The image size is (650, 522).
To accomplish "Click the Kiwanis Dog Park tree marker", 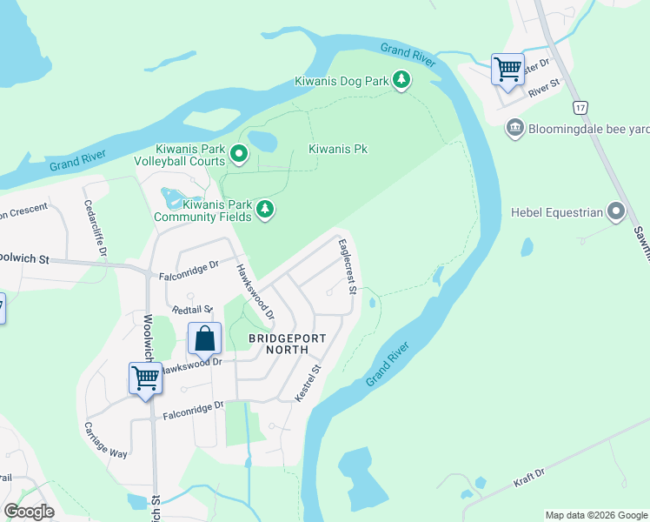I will [x=401, y=81].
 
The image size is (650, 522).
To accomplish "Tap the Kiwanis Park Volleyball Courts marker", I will [x=239, y=156].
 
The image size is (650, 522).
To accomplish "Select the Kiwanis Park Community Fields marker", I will [x=265, y=210].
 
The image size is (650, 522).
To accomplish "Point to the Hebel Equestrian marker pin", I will [x=617, y=211].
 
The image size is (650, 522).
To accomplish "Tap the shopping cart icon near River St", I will [x=507, y=68].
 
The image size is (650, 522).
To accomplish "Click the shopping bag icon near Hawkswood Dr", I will [x=203, y=338].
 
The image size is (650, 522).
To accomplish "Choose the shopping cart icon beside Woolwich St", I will [x=144, y=378].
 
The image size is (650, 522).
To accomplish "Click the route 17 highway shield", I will [x=580, y=107].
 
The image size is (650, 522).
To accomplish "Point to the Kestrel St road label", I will [x=308, y=382].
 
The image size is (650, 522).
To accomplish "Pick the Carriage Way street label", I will [x=106, y=440].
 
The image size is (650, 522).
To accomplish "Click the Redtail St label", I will [x=191, y=310].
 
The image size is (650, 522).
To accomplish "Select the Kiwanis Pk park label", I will [x=338, y=149].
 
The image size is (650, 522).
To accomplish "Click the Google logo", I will [x=29, y=512].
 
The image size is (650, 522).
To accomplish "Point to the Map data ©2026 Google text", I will [x=595, y=515].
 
